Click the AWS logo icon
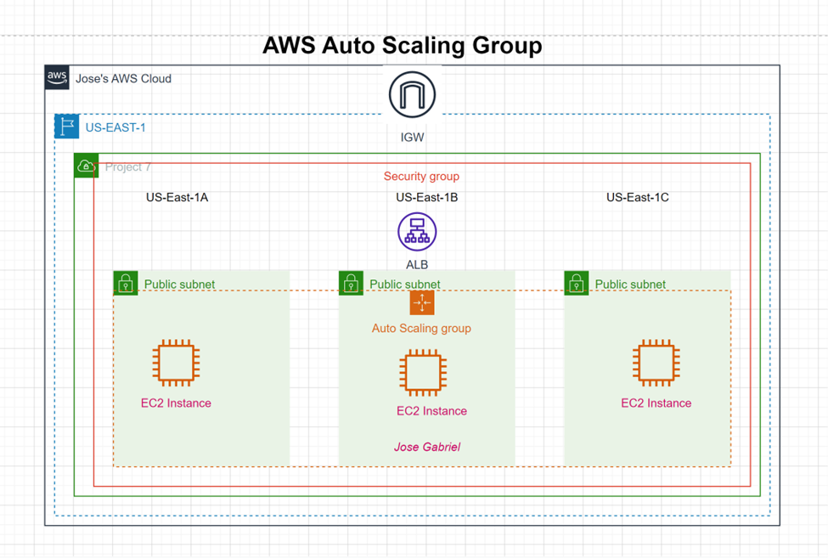[x=57, y=77]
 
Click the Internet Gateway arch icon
[x=412, y=95]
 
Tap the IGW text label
[x=412, y=136]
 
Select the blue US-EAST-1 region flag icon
[x=67, y=127]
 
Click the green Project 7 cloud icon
[x=86, y=166]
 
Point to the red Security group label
[x=421, y=177]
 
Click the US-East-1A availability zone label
[x=177, y=197]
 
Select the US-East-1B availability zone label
[x=427, y=197]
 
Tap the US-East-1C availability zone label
[x=637, y=197]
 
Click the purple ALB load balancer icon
[x=417, y=232]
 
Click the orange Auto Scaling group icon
[x=422, y=302]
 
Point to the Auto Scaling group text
[x=421, y=328]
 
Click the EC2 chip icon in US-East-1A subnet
[x=177, y=364]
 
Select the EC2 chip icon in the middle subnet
[x=423, y=372]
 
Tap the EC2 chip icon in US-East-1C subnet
[x=656, y=364]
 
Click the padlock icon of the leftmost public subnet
[x=126, y=283]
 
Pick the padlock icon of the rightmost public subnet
[x=576, y=283]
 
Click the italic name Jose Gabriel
[x=427, y=447]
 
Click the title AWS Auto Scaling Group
[x=402, y=45]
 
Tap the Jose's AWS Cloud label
[x=123, y=78]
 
